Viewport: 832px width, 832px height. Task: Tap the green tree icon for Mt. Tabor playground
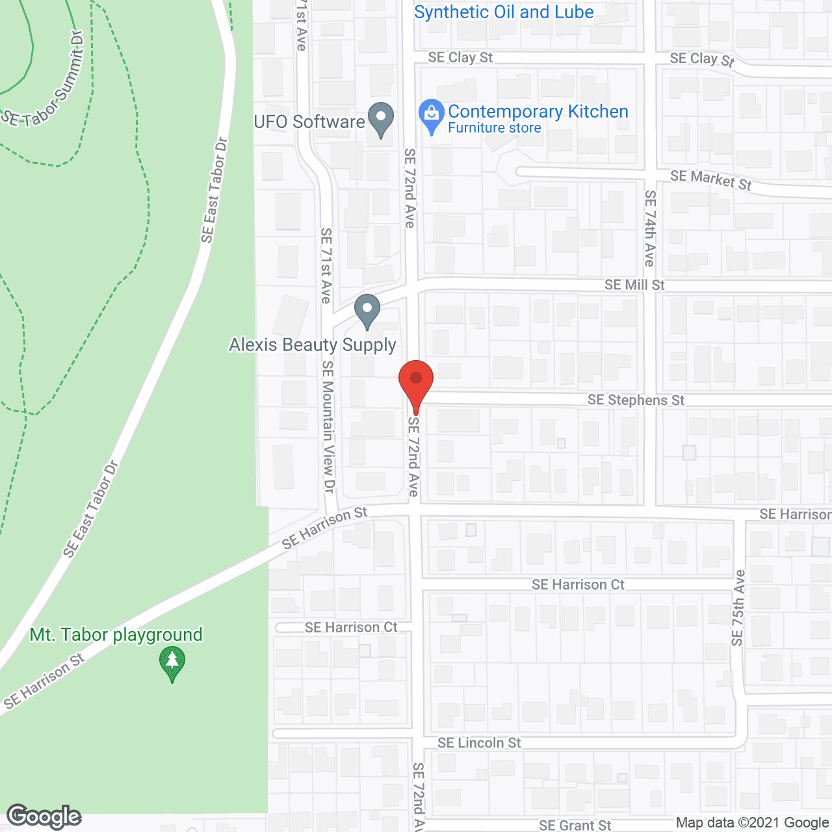click(x=172, y=664)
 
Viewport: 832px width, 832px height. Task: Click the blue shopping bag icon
click(x=431, y=116)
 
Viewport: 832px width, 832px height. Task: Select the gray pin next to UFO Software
click(x=381, y=120)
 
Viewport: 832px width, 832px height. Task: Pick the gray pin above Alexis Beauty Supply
click(x=367, y=311)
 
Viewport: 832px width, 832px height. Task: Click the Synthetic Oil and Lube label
click(x=504, y=12)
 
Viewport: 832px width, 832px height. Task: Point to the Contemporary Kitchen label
click(x=538, y=112)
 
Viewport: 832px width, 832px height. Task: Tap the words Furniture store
click(x=494, y=128)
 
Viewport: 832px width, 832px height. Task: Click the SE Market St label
click(x=710, y=179)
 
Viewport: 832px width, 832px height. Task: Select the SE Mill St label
click(x=634, y=285)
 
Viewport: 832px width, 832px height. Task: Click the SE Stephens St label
click(x=636, y=400)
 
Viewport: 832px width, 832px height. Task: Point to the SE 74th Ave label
click(x=650, y=228)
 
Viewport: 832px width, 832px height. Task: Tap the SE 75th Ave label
click(x=738, y=608)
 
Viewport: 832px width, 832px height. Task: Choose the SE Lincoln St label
click(x=479, y=742)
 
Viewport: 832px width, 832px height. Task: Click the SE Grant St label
click(x=575, y=825)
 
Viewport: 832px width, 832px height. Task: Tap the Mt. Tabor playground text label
click(x=116, y=634)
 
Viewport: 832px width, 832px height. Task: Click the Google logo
click(x=44, y=816)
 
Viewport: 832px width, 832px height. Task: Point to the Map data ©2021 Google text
click(x=753, y=823)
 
